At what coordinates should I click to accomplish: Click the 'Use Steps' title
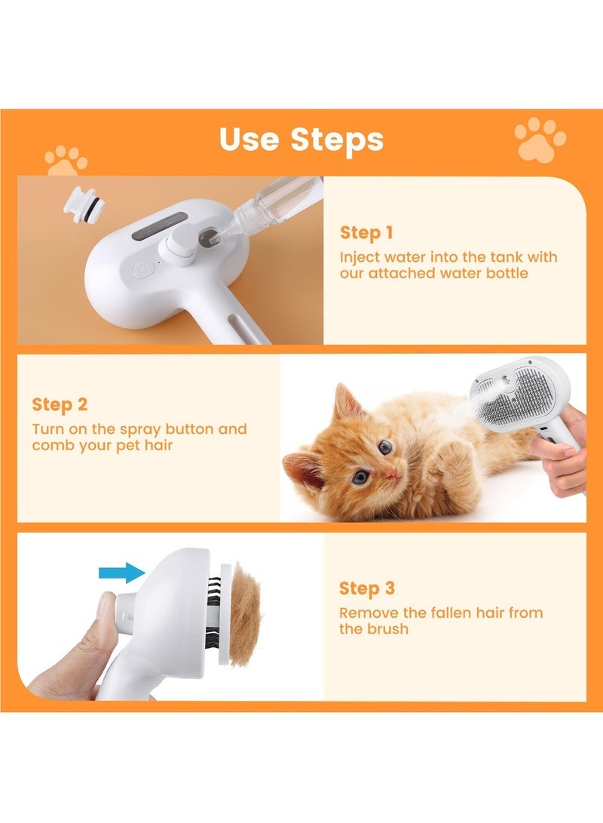coord(301,140)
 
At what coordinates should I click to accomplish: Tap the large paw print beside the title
coord(540,138)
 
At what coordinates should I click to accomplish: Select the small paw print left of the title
coord(66,160)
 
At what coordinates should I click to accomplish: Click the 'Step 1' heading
coord(366,232)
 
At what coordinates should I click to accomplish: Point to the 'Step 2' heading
coord(60,405)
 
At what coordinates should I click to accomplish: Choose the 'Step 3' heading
coord(366,588)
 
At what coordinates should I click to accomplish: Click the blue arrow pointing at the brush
coord(121,573)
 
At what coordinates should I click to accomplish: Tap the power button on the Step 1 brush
coord(143,268)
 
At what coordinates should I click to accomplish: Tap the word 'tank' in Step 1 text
coord(514,257)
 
